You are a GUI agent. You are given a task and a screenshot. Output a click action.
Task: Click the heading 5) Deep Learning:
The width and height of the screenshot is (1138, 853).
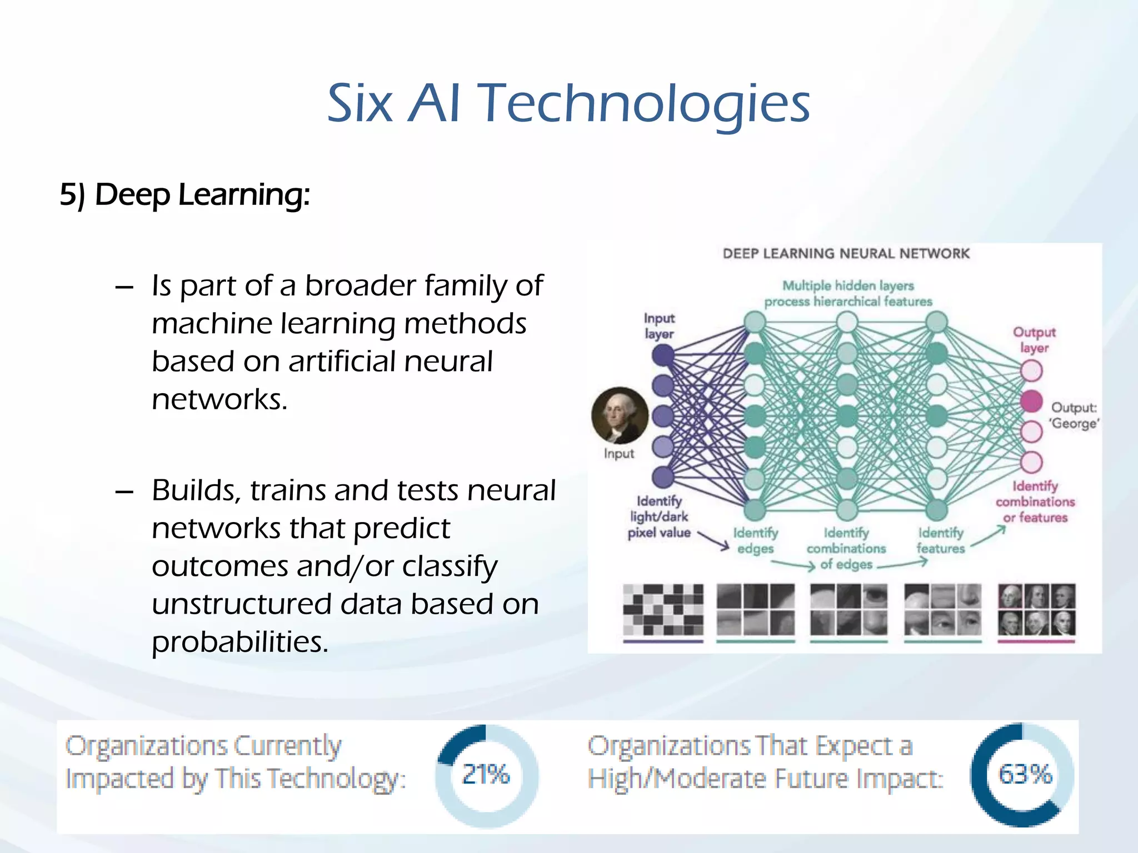[184, 195]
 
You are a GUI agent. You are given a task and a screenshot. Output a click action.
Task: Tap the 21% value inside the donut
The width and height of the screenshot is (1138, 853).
[486, 774]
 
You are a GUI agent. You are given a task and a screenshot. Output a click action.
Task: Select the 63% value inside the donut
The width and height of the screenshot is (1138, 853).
[1025, 774]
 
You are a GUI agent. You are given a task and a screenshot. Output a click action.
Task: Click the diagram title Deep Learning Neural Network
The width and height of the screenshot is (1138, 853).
[846, 254]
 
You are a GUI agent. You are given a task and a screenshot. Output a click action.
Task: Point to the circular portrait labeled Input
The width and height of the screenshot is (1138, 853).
[620, 415]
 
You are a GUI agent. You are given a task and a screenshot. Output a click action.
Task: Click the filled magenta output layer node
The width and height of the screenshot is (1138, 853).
[1031, 401]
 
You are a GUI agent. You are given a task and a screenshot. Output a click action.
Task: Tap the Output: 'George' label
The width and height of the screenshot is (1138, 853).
[1074, 415]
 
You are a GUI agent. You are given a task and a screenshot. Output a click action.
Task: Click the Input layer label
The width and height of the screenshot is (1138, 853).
[659, 326]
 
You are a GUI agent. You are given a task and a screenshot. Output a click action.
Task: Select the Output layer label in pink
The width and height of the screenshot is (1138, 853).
[1034, 340]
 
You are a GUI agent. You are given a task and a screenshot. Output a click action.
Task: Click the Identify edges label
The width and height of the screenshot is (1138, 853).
[755, 540]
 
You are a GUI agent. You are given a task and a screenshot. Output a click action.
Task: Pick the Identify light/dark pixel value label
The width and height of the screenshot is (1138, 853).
[659, 517]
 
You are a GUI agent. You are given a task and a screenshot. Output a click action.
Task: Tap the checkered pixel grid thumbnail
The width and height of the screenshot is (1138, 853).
[663, 609]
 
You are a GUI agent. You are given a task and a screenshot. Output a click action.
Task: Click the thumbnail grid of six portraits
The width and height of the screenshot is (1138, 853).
[1036, 609]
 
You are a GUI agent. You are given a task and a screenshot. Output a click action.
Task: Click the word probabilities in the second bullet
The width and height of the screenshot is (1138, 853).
[240, 643]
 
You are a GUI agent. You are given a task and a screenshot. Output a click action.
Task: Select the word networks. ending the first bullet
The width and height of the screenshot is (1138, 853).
[219, 399]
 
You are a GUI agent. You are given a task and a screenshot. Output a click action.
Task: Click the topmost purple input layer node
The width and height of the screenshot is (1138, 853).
[663, 355]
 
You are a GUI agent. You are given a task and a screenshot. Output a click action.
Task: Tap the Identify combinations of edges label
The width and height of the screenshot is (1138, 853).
[846, 549]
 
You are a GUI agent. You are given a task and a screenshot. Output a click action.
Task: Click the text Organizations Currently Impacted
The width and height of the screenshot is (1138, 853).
[203, 746]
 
